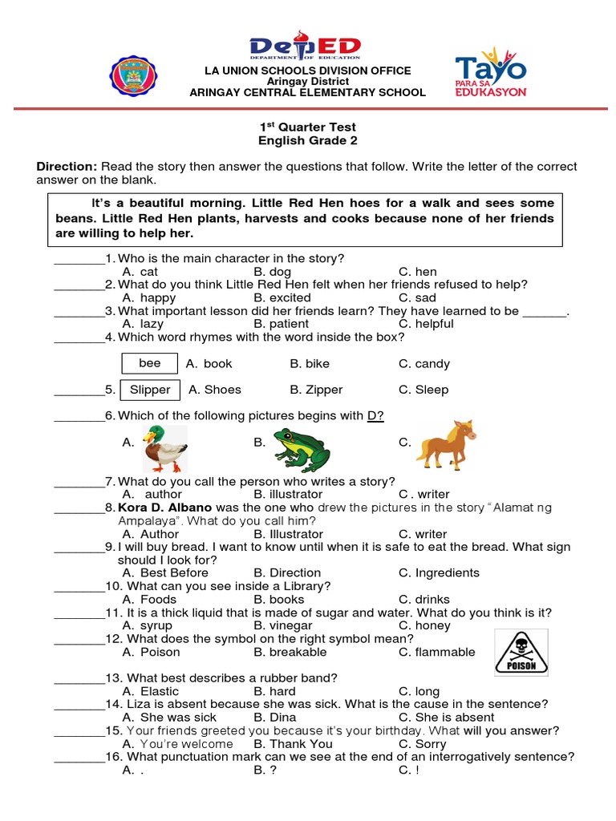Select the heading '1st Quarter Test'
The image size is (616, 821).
307,127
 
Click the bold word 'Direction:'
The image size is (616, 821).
67,166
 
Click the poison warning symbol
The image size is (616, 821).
521,652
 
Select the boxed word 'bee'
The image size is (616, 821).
150,363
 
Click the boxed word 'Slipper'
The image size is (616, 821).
150,390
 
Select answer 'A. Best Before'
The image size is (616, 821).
165,572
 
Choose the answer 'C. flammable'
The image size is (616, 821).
436,652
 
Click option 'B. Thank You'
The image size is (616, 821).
293,743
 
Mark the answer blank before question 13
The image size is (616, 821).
79,678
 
